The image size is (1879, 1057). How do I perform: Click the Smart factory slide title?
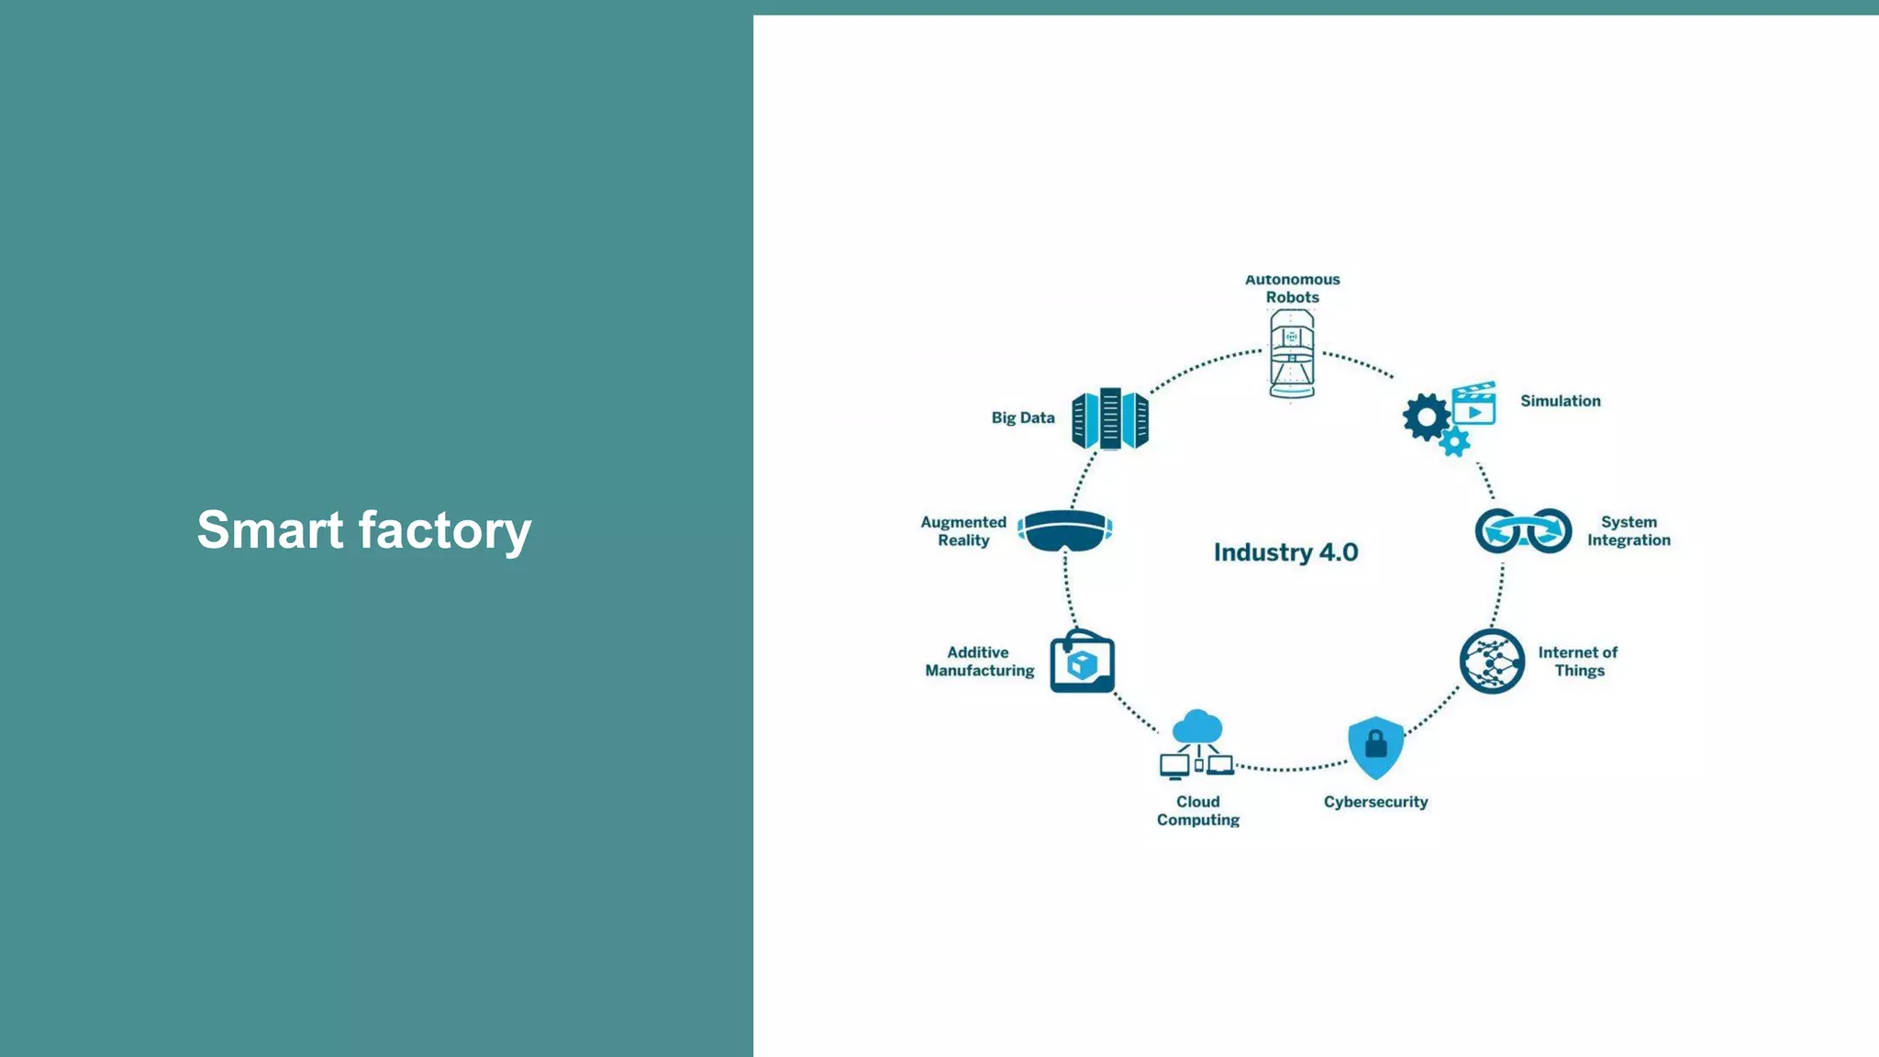click(x=364, y=530)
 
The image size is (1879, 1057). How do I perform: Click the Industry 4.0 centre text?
click(x=1285, y=552)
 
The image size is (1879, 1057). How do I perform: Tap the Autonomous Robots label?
click(x=1292, y=288)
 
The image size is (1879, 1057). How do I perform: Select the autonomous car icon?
click(x=1292, y=354)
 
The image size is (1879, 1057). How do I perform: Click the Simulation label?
click(x=1560, y=401)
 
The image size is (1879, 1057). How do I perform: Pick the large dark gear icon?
click(x=1426, y=417)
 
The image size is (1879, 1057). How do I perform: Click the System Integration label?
click(x=1629, y=531)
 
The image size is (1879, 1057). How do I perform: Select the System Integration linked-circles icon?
click(x=1523, y=530)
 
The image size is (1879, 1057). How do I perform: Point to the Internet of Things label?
click(x=1578, y=662)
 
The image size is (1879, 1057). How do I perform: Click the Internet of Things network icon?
click(x=1492, y=662)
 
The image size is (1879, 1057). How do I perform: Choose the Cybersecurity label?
click(x=1375, y=802)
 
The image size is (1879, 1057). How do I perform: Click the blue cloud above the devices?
click(x=1197, y=726)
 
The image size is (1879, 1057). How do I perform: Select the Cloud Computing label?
click(x=1197, y=810)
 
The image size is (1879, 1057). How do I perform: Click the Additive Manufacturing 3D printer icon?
click(x=1083, y=662)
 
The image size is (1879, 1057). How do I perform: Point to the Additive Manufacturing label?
click(x=979, y=662)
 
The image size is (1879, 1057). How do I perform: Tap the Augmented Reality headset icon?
click(x=1065, y=530)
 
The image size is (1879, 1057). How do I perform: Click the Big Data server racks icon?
click(x=1110, y=418)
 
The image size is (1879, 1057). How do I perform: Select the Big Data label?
click(x=1023, y=417)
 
